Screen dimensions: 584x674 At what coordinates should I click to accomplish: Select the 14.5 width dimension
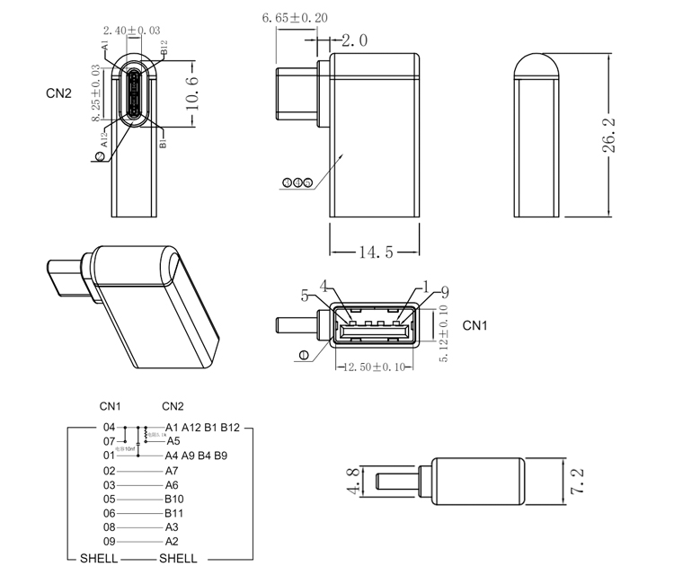(376, 252)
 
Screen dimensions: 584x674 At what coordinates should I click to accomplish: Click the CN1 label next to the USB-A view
(474, 326)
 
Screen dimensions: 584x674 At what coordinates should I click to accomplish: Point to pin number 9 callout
(444, 291)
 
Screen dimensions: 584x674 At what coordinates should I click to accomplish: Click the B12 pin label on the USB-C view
(164, 49)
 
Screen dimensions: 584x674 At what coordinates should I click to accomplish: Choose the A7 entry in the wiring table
(173, 470)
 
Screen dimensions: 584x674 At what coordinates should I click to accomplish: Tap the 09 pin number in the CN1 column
(110, 542)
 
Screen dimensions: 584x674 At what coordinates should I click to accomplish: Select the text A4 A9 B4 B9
(196, 456)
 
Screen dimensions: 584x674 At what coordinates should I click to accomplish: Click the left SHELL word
(99, 558)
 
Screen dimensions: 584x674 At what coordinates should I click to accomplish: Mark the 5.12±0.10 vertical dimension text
(443, 332)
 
